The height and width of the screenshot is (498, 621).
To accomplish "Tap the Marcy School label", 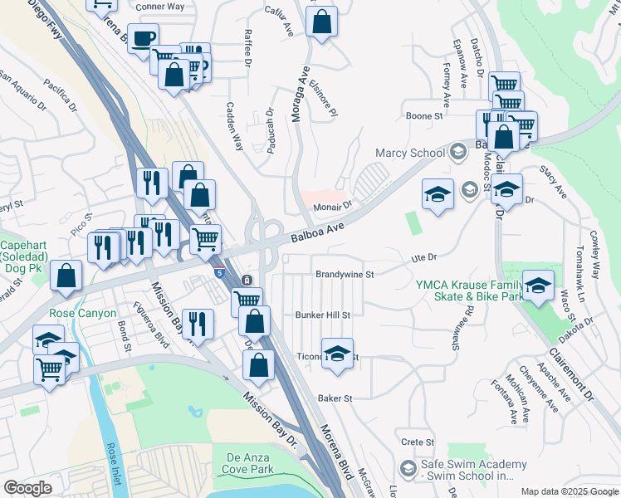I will click(410, 153).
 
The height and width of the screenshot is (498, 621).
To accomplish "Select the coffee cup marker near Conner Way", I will click(143, 38).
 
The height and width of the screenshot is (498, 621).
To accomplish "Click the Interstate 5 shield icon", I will click(219, 273).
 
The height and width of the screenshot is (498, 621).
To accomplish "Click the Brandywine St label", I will click(345, 273).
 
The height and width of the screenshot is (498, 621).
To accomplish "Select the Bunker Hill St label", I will click(323, 315).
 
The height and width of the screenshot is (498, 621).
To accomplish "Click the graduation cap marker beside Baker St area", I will click(337, 354).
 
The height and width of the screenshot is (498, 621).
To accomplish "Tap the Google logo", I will click(27, 487).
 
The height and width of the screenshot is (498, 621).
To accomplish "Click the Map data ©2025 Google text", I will click(569, 491).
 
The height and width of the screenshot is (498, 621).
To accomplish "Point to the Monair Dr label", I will click(333, 204).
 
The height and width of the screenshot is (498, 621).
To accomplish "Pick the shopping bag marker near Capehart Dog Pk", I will click(66, 276).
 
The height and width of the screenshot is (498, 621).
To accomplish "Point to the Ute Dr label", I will click(424, 260).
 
